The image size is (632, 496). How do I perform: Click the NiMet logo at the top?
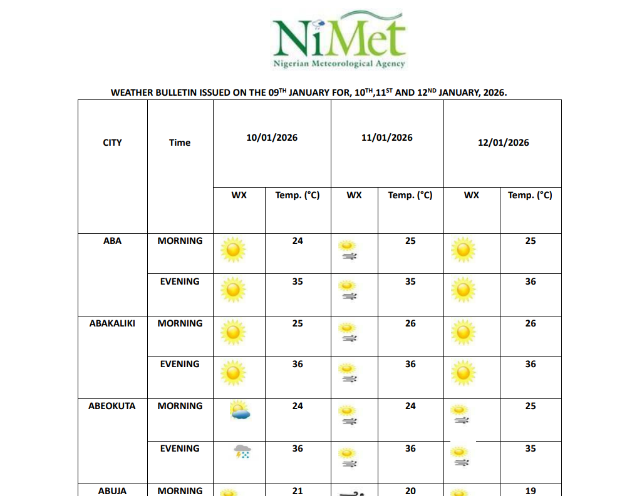pos(339,39)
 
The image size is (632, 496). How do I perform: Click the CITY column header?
pos(112,143)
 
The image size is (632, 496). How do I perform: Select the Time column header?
pos(180,143)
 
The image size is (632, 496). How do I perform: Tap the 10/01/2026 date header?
pos(272,138)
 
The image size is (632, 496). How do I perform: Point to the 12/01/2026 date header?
pos(503,143)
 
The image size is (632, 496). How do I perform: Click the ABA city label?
pos(112,241)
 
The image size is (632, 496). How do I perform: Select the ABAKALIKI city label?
pos(112,323)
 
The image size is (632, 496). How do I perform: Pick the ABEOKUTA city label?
pos(112,406)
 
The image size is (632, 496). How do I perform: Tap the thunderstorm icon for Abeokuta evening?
pos(242,452)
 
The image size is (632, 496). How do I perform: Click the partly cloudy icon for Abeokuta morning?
pos(241,410)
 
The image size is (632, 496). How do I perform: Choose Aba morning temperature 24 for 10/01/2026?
pos(298,241)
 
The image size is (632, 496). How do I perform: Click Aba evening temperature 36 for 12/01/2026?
pos(531,281)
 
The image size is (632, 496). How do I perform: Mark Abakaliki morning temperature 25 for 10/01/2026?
pos(298,323)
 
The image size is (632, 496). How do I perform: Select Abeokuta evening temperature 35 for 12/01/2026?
pos(531,448)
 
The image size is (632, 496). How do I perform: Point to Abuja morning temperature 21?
pos(298,491)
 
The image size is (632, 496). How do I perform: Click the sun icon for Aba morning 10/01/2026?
pos(233,250)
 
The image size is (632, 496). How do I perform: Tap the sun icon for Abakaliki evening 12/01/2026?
pos(463,373)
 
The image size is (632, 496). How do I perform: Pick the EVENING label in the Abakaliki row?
pos(180,364)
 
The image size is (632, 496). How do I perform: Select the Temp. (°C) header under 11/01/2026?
pos(410,195)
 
